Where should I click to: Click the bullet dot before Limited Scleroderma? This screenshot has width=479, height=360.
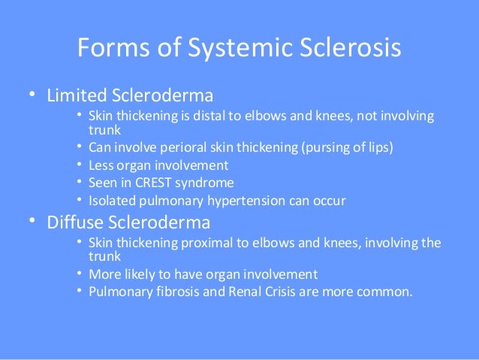click(32, 96)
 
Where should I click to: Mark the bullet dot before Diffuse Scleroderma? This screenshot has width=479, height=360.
click(32, 223)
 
